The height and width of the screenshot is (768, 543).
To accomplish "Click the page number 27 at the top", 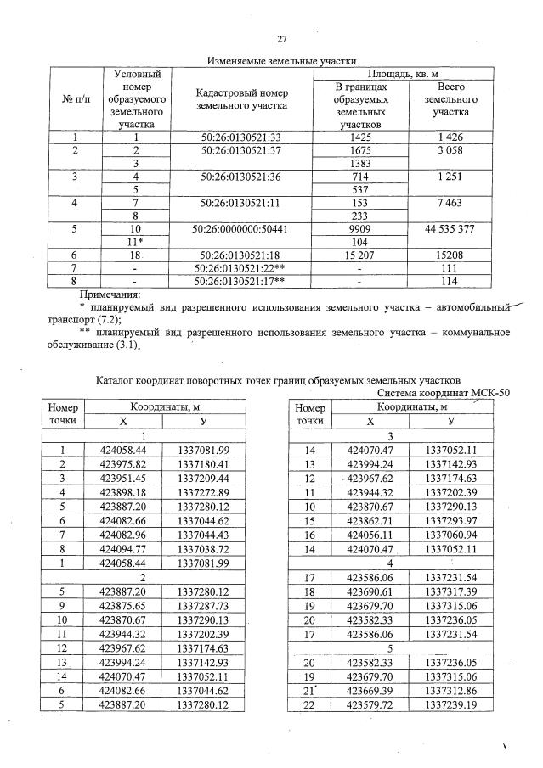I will (282, 38).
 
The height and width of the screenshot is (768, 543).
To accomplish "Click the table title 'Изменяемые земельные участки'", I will (281, 60).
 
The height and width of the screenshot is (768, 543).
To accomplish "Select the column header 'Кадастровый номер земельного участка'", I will (240, 99).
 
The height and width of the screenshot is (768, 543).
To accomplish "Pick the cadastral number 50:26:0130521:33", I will (240, 137).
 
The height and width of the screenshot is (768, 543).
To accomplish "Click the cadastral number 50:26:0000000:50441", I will (240, 230).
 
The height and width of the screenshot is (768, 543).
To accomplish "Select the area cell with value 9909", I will (360, 230).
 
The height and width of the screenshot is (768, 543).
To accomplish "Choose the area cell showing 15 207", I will (360, 255).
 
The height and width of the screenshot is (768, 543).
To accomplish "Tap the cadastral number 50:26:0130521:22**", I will (240, 267).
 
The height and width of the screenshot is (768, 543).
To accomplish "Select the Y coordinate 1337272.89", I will (206, 490).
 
